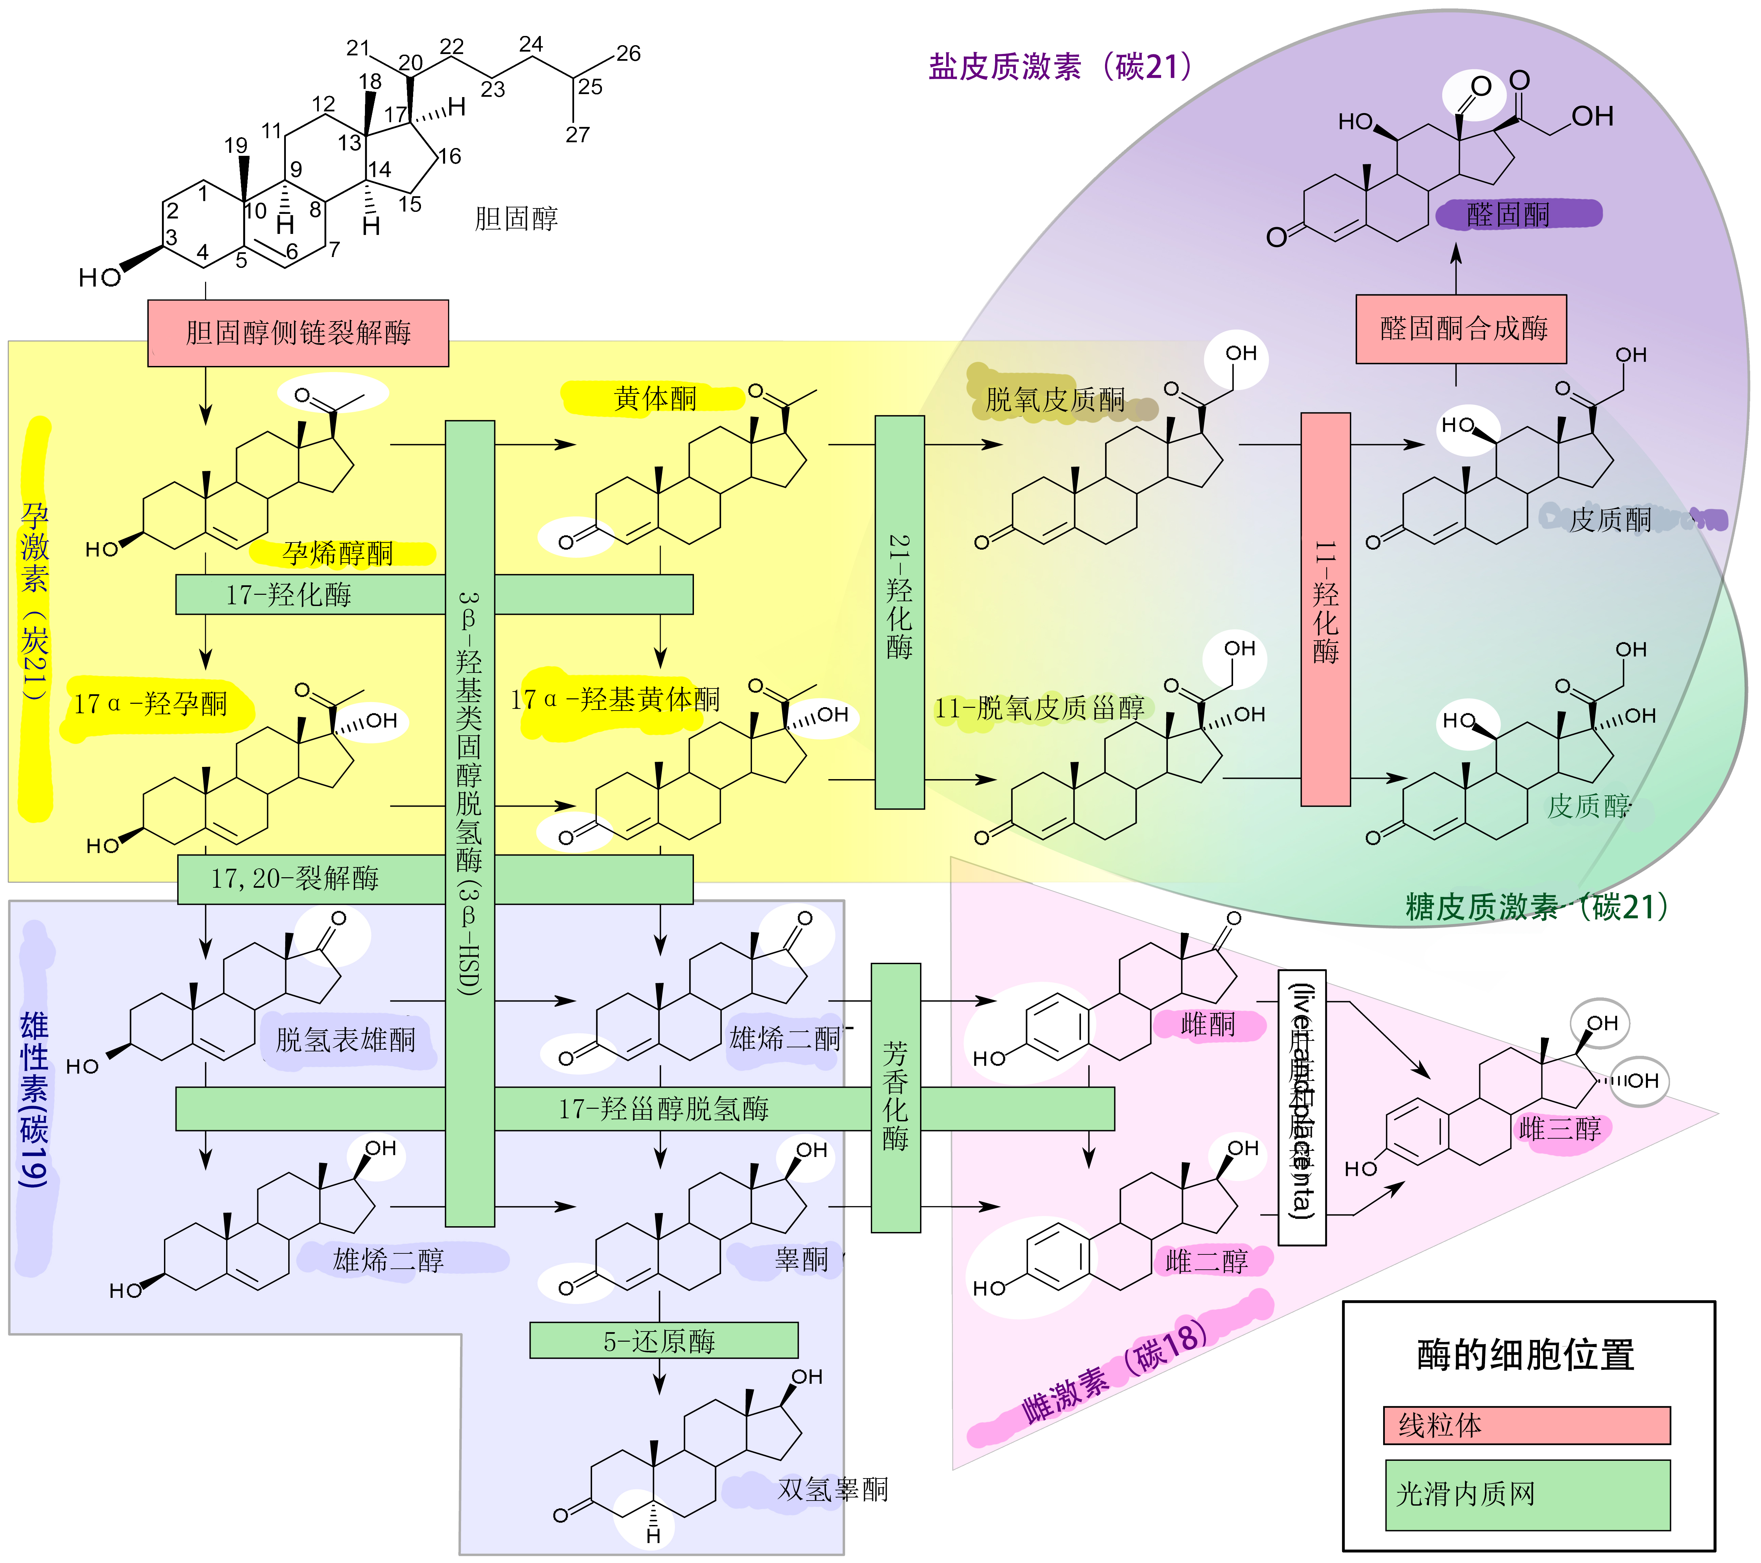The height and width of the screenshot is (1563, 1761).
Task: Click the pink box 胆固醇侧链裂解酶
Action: click(x=298, y=333)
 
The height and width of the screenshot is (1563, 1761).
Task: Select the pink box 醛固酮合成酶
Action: click(x=1461, y=328)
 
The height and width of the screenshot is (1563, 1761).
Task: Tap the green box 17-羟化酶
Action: click(x=289, y=594)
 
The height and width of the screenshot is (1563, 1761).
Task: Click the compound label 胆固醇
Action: click(x=516, y=219)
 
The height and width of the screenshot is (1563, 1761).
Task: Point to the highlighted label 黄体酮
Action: click(x=655, y=398)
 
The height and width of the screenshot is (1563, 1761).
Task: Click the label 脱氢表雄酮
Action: click(x=346, y=1040)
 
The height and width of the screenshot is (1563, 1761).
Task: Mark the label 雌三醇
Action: click(x=1559, y=1129)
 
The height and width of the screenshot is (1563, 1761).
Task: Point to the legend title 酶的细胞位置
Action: click(x=1526, y=1355)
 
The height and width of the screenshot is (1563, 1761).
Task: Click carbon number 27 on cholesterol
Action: click(x=577, y=134)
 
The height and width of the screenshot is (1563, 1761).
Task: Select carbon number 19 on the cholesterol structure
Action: click(x=236, y=146)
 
